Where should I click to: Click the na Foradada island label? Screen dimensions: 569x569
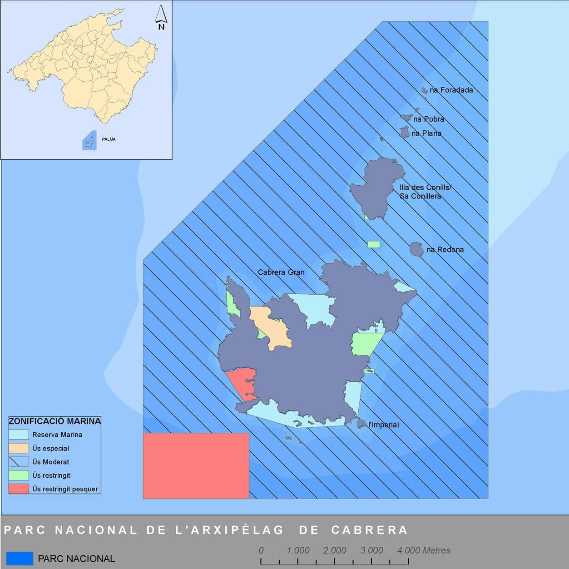pyautogui.click(x=451, y=90)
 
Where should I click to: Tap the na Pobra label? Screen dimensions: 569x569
pyautogui.click(x=428, y=119)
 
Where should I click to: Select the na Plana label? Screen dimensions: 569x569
pyautogui.click(x=426, y=133)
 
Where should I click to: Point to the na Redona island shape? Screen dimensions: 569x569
pyautogui.click(x=416, y=249)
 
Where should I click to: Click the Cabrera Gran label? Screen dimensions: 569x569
pyautogui.click(x=281, y=272)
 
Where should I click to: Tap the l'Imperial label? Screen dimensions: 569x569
pyautogui.click(x=383, y=425)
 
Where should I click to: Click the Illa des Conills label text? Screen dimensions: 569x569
pyautogui.click(x=425, y=188)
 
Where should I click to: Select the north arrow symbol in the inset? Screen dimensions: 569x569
pyautogui.click(x=161, y=17)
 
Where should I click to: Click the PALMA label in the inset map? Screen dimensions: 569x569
pyautogui.click(x=109, y=139)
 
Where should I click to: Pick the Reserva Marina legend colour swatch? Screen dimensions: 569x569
pyautogui.click(x=19, y=435)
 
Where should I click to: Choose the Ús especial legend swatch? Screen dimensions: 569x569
pyautogui.click(x=19, y=448)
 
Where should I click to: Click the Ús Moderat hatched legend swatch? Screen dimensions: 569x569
pyautogui.click(x=19, y=462)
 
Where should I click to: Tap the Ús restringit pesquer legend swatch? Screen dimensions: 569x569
pyautogui.click(x=19, y=489)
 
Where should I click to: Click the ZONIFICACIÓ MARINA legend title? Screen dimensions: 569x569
pyautogui.click(x=54, y=421)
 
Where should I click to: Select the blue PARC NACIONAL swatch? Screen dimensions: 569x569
pyautogui.click(x=20, y=559)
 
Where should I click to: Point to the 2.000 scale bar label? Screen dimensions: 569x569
pyautogui.click(x=335, y=550)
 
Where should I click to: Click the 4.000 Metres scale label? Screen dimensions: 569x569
pyautogui.click(x=424, y=550)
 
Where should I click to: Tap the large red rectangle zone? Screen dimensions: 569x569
pyautogui.click(x=196, y=465)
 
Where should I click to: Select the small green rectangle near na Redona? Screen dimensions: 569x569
pyautogui.click(x=374, y=244)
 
